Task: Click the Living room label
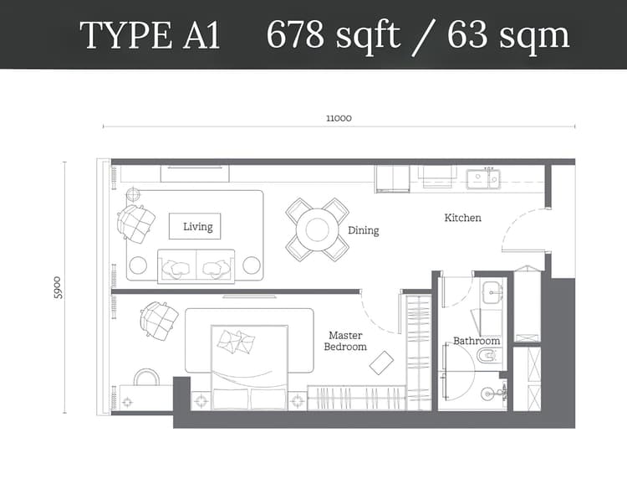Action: pos(197,226)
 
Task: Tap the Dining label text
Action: pos(363,230)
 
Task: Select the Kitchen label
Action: pos(462,218)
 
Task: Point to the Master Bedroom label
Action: pos(345,341)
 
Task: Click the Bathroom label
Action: pos(477,341)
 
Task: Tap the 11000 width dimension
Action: pos(339,118)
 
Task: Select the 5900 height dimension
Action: pos(58,287)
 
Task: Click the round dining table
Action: pos(318,229)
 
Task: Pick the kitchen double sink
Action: pos(482,178)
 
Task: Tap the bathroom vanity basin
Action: pos(492,292)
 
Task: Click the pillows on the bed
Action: pos(236,341)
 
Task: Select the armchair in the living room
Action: pos(136,223)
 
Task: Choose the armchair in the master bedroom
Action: pos(159,320)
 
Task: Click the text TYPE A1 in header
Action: pos(150,36)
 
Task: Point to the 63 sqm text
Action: pos(508,35)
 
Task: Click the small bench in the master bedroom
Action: pos(381,362)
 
